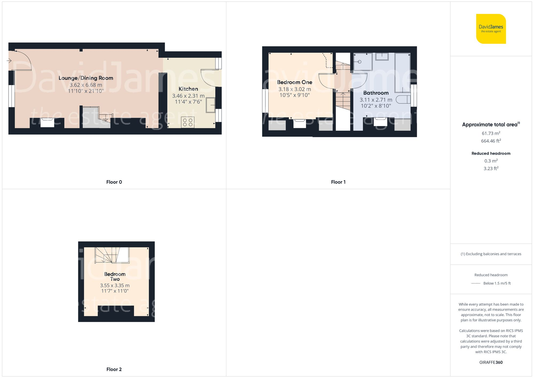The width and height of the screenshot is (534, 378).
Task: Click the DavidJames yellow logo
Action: [491, 29]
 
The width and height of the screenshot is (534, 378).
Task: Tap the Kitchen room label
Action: [188, 89]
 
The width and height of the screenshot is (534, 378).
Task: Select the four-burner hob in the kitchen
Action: [188, 123]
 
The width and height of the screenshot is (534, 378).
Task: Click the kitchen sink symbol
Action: [210, 105]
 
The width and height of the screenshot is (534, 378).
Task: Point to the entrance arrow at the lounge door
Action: [9, 61]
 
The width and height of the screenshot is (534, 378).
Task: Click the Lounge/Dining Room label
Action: [86, 78]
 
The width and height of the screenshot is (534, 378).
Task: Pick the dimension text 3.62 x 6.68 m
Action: [86, 85]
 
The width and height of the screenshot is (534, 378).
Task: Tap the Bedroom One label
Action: [295, 82]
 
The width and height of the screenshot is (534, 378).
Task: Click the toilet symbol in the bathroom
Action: [403, 100]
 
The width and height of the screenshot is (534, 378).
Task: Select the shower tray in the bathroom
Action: [363, 62]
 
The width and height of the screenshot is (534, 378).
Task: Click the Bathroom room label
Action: [376, 93]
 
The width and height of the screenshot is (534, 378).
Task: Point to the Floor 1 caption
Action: [338, 182]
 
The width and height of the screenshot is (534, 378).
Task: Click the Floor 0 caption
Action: [114, 182]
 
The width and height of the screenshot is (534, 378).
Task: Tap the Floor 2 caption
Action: [114, 369]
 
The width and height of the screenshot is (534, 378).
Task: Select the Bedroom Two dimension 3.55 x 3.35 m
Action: [115, 285]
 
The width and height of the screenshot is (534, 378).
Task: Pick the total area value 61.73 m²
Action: [491, 133]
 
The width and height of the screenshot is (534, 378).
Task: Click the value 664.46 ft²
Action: [491, 141]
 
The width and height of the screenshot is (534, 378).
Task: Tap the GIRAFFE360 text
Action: [491, 362]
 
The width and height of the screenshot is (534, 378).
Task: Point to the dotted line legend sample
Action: [476, 283]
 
